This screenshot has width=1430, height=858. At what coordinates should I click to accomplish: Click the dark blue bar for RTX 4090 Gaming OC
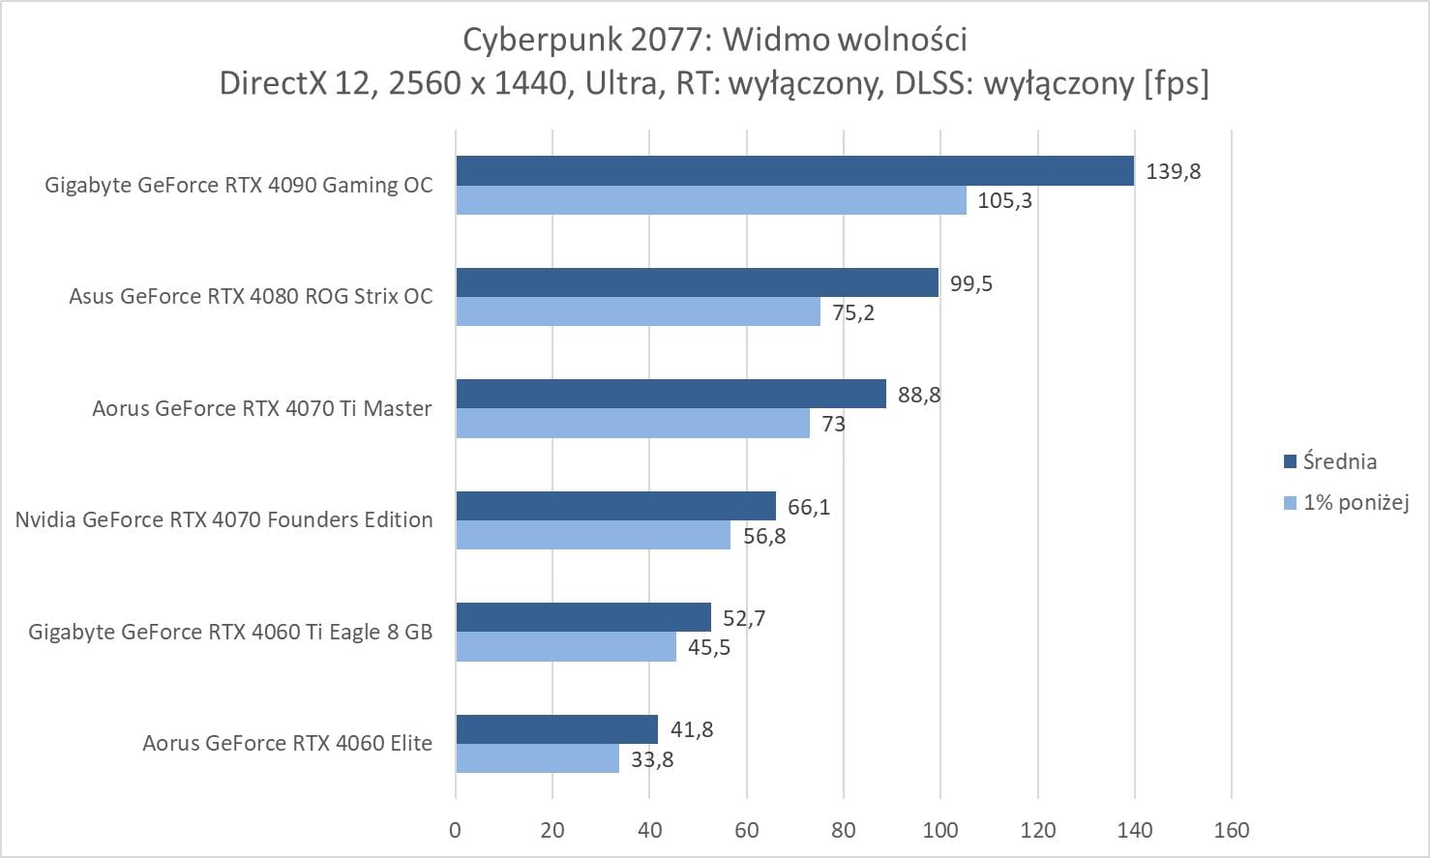point(793,171)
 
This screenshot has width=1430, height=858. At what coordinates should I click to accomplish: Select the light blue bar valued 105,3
point(711,200)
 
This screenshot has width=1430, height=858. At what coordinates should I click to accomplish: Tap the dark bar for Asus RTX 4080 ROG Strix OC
point(697,282)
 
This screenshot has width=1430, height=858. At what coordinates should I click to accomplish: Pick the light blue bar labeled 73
point(633,424)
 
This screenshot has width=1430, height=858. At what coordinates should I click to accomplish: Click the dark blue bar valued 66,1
point(615,506)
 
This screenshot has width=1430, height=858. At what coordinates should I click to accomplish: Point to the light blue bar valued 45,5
point(566,647)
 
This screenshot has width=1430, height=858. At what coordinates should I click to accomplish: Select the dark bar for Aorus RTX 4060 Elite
point(556,729)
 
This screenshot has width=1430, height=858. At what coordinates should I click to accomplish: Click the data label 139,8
point(1173,171)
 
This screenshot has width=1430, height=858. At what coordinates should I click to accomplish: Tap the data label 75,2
point(853,312)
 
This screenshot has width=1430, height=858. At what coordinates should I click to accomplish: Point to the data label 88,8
point(919,395)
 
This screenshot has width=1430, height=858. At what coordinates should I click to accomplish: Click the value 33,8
point(652,759)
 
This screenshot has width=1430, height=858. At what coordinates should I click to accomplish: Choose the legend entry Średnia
point(1339,461)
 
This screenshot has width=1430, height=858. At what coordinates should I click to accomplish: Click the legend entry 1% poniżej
point(1356,502)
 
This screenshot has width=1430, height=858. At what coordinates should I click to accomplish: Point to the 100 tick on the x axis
point(940,830)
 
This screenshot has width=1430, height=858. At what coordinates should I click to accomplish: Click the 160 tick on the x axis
point(1232,830)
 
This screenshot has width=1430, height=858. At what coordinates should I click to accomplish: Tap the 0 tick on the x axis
point(456,830)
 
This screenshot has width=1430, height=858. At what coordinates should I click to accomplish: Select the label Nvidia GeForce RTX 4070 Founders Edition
point(223,519)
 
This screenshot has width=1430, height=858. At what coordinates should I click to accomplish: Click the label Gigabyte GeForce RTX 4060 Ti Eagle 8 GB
point(230,632)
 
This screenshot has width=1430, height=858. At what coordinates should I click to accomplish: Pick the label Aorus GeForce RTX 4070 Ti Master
point(262,408)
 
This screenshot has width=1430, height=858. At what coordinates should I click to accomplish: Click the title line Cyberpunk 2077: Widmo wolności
point(714,40)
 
